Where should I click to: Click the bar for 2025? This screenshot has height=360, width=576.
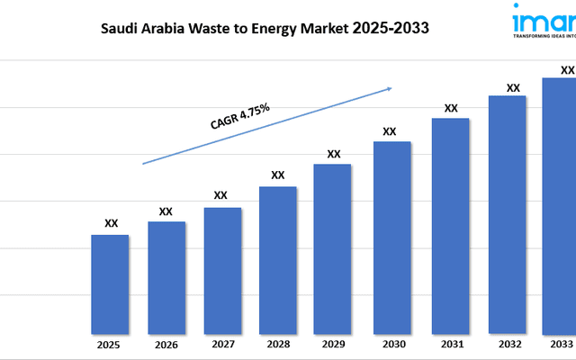110,283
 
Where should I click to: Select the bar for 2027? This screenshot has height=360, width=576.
222,270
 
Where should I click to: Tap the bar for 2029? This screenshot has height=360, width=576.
332,247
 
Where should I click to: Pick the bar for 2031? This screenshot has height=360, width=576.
450,225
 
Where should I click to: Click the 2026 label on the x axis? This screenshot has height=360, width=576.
166,345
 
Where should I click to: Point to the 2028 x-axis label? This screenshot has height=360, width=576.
278,345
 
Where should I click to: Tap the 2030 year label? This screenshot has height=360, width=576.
391,345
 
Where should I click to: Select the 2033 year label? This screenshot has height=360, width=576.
561,344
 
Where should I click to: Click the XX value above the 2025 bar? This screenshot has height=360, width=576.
111,223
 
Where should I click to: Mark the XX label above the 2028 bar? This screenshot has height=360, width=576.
278,175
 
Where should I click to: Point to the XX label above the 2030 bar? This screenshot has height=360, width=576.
390,131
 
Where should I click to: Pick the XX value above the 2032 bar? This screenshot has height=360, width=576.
513,88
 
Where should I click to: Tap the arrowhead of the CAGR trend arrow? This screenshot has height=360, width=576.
389,88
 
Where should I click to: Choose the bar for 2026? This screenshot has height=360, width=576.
166,276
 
